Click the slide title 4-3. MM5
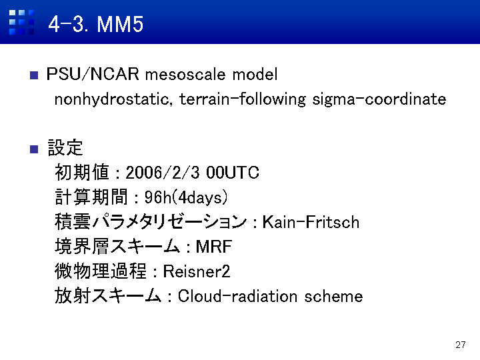click(x=96, y=24)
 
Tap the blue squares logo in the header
click(x=21, y=22)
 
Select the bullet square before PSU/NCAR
click(x=34, y=75)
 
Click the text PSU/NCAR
click(x=93, y=74)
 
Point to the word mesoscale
click(x=185, y=75)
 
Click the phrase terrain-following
click(x=243, y=99)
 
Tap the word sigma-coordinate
click(x=379, y=99)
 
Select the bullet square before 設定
click(x=34, y=149)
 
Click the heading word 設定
click(x=65, y=147)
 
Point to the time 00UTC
click(x=233, y=173)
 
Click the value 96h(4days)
click(x=186, y=197)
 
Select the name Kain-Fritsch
click(x=311, y=222)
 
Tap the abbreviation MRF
click(x=214, y=247)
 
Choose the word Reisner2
click(x=197, y=271)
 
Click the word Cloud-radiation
click(x=237, y=296)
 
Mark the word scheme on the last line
click(x=333, y=296)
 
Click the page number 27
click(x=461, y=345)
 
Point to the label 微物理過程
click(x=101, y=271)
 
